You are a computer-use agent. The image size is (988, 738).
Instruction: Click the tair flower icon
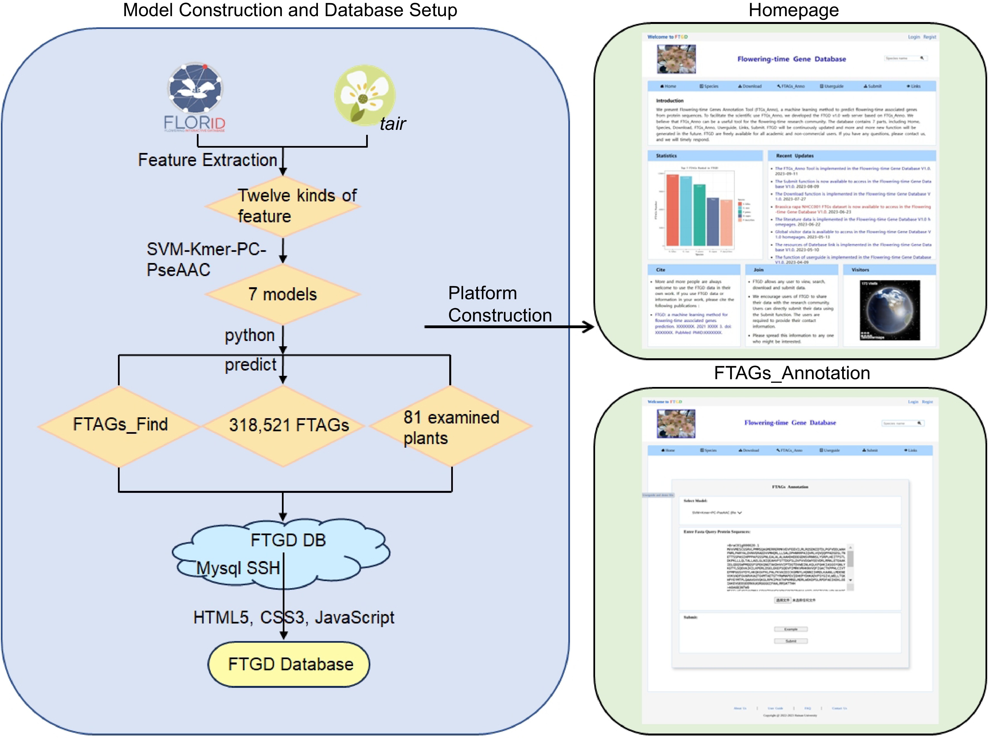(x=364, y=95)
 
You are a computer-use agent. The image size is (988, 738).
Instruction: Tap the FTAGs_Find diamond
(x=119, y=425)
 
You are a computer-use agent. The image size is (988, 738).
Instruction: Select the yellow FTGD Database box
(x=289, y=664)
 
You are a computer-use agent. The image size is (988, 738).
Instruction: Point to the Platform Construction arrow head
(x=590, y=327)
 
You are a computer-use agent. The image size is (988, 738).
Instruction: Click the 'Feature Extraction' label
(x=207, y=160)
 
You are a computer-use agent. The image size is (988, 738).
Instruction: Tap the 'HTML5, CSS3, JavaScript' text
(x=293, y=618)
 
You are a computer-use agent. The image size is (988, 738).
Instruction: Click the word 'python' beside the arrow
(x=249, y=335)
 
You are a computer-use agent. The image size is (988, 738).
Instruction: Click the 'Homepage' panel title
(x=793, y=10)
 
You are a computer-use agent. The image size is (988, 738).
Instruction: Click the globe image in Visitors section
(x=889, y=311)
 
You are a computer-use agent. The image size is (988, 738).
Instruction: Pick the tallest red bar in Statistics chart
(x=672, y=210)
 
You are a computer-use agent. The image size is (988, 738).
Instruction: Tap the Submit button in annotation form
(x=791, y=641)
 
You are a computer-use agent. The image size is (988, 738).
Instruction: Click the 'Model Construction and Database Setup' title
(x=290, y=10)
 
